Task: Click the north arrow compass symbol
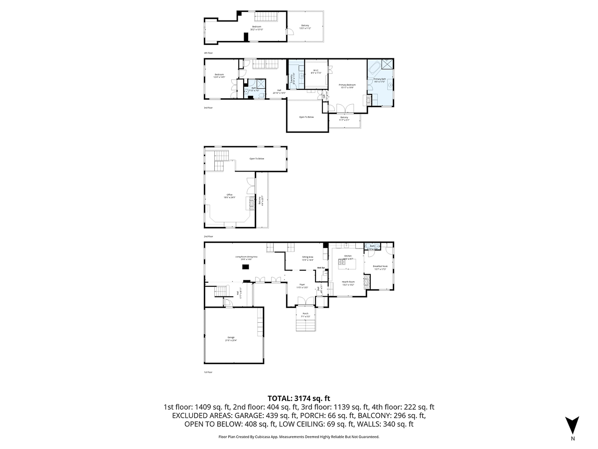573,425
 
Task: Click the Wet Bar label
321,268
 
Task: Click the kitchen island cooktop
344,259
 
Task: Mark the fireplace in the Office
252,204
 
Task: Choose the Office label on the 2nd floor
229,196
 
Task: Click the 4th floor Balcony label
305,27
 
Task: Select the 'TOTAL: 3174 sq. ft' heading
299,398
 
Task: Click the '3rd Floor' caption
208,107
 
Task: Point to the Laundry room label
293,80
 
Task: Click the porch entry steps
306,325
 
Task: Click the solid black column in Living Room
246,267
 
